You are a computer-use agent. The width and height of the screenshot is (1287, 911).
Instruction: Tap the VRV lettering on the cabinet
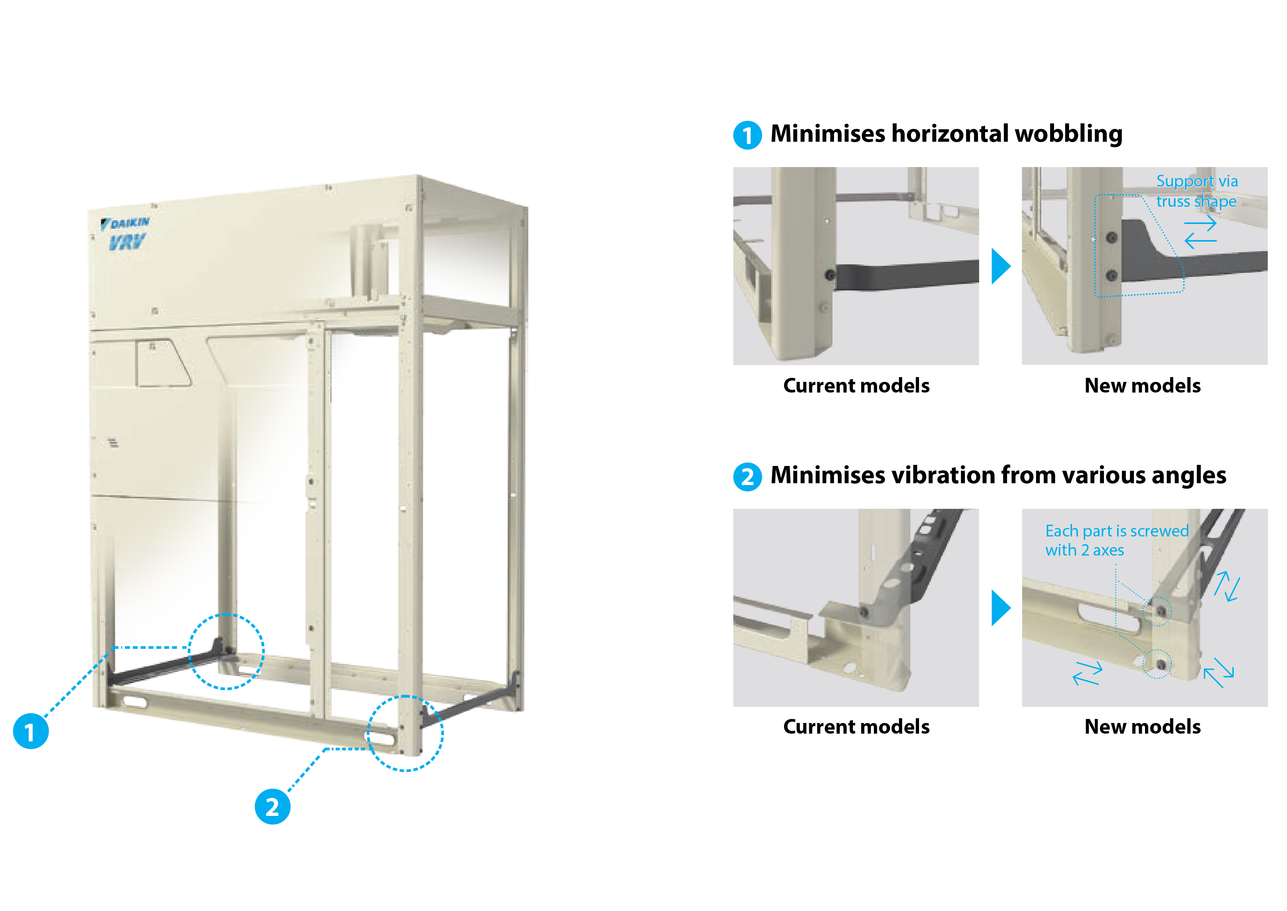[127, 242]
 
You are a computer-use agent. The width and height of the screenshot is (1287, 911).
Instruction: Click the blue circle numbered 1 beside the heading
[747, 135]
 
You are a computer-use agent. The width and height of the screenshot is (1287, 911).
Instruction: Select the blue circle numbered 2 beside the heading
[747, 477]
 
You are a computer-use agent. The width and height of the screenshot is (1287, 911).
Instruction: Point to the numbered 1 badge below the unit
[31, 731]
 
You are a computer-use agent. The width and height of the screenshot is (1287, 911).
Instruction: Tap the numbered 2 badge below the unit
[273, 807]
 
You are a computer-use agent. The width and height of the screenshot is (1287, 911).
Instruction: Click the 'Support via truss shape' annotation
[1197, 191]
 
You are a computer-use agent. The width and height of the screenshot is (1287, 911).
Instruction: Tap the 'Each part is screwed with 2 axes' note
[1117, 540]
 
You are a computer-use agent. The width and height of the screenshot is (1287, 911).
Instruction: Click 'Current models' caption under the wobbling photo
[856, 386]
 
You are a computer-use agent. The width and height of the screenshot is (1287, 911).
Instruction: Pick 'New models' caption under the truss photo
[1142, 386]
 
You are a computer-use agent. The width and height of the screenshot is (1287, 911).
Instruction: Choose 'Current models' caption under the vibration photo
[856, 727]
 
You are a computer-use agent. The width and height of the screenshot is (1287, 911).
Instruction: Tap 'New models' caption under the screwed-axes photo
[1142, 727]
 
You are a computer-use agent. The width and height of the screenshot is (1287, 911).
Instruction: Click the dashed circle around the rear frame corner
[189, 651]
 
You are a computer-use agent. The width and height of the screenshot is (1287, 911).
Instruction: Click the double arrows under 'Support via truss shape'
[1200, 232]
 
